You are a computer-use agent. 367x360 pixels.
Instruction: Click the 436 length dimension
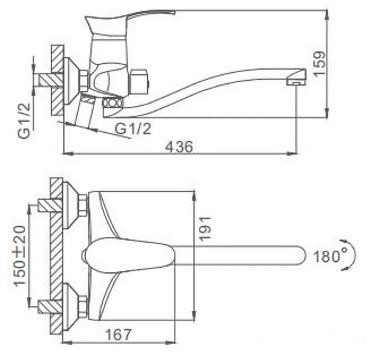click(x=179, y=147)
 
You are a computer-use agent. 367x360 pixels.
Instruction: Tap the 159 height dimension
click(x=319, y=63)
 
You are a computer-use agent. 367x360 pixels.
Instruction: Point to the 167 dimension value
click(x=118, y=335)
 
